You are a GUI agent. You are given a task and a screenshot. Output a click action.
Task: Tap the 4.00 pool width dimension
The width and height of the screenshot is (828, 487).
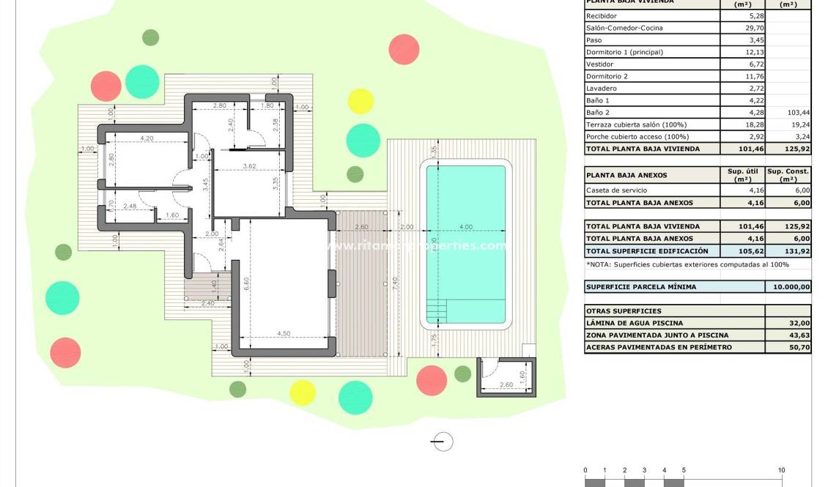(x=466, y=227)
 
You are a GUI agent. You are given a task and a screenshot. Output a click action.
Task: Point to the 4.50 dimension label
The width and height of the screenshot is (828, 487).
(x=284, y=334)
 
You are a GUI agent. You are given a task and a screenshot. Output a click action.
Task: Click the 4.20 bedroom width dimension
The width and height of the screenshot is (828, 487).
(x=146, y=138)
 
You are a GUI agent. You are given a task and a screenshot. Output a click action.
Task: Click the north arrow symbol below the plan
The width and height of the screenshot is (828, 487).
(x=443, y=442)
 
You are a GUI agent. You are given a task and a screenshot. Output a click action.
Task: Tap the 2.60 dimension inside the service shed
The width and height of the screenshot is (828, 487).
(x=505, y=385)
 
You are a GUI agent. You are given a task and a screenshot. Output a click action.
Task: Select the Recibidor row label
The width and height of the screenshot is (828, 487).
(x=602, y=16)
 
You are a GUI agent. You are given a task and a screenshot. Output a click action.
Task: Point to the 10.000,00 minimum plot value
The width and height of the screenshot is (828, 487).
(x=788, y=287)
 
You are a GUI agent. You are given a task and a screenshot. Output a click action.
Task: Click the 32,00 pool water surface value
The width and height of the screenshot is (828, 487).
(x=799, y=323)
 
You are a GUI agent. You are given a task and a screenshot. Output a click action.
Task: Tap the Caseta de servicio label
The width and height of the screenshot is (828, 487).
(x=616, y=190)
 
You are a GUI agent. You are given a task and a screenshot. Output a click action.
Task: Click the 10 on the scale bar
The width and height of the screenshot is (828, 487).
(x=781, y=470)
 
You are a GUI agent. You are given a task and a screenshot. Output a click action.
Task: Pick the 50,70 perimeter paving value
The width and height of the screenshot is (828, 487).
(x=799, y=347)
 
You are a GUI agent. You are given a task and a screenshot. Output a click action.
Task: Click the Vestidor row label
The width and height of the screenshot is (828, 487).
(x=599, y=64)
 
